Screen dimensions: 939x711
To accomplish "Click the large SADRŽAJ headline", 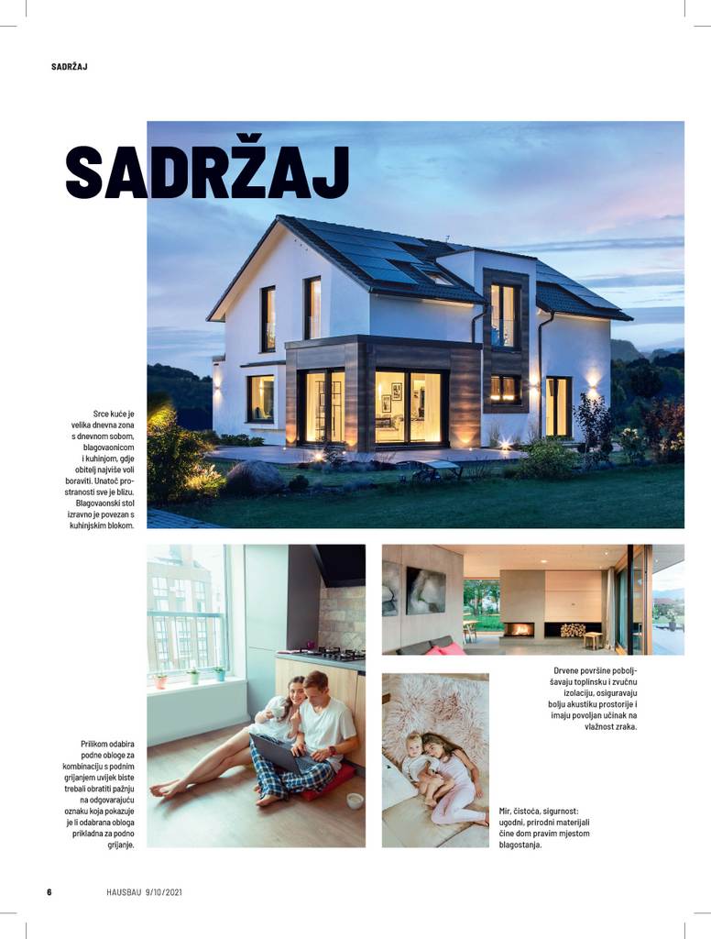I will [207, 171].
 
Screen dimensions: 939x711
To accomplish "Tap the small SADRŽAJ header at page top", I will [70, 67].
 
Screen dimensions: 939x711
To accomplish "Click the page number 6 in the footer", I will [49, 891].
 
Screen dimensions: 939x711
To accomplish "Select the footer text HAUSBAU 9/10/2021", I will [144, 891].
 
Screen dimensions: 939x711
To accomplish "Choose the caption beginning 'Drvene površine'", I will [593, 699].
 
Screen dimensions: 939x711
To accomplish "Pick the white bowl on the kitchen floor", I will [355, 800].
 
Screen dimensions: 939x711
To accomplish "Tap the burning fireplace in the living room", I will [518, 630].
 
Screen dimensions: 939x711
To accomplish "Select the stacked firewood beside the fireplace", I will [573, 630].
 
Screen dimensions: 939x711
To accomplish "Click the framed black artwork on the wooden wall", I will [425, 590].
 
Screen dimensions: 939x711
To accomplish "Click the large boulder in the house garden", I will [254, 477].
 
